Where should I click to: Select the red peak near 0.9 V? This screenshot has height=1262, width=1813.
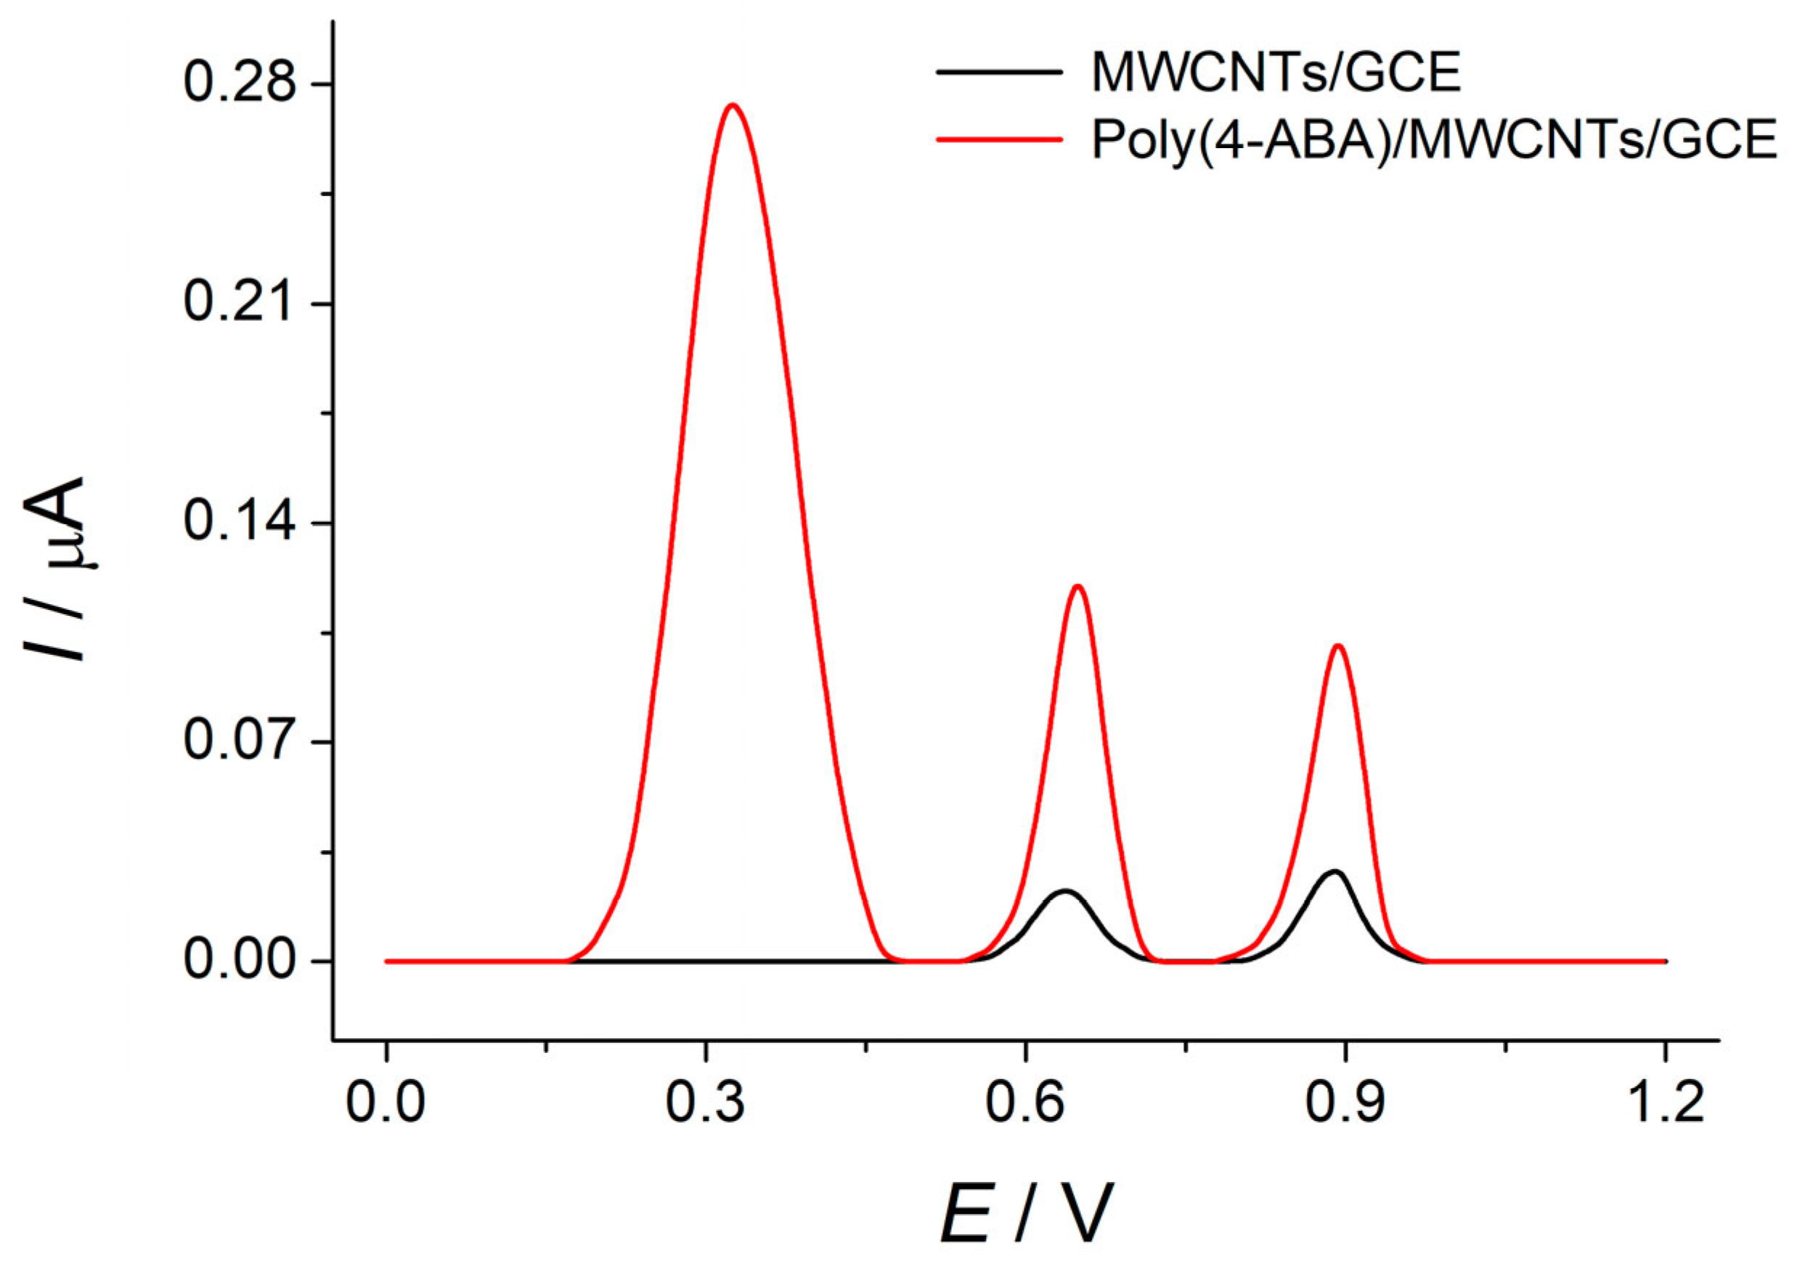tap(1337, 646)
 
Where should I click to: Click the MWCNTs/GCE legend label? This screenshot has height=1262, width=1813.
tap(1276, 73)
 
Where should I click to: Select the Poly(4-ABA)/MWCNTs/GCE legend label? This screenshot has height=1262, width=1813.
tap(1434, 140)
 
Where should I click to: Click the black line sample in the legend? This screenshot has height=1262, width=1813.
tap(999, 72)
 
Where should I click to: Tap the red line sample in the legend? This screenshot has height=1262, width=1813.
tap(999, 139)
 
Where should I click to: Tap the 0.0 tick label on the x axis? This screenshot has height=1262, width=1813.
tap(386, 1103)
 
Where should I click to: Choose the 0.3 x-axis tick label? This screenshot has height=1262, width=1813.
tap(705, 1103)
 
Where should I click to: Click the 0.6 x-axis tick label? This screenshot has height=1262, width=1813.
tap(1025, 1103)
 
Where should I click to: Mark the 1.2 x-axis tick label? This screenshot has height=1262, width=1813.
tap(1665, 1103)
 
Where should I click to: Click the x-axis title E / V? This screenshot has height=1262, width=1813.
tap(1027, 1215)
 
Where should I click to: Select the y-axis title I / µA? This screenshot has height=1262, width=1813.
tap(55, 569)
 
